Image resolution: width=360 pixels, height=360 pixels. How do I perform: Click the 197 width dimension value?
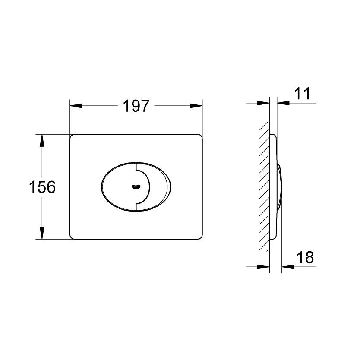tap(136, 106)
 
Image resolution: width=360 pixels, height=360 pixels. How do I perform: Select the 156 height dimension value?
tap(42, 187)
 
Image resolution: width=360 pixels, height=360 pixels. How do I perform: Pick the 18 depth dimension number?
tap(304, 258)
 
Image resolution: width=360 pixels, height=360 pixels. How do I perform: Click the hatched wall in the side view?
tap(263, 186)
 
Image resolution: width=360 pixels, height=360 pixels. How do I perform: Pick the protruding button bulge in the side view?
tap(280, 186)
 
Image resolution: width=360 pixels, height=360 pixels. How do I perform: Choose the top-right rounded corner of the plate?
tap(200, 136)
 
